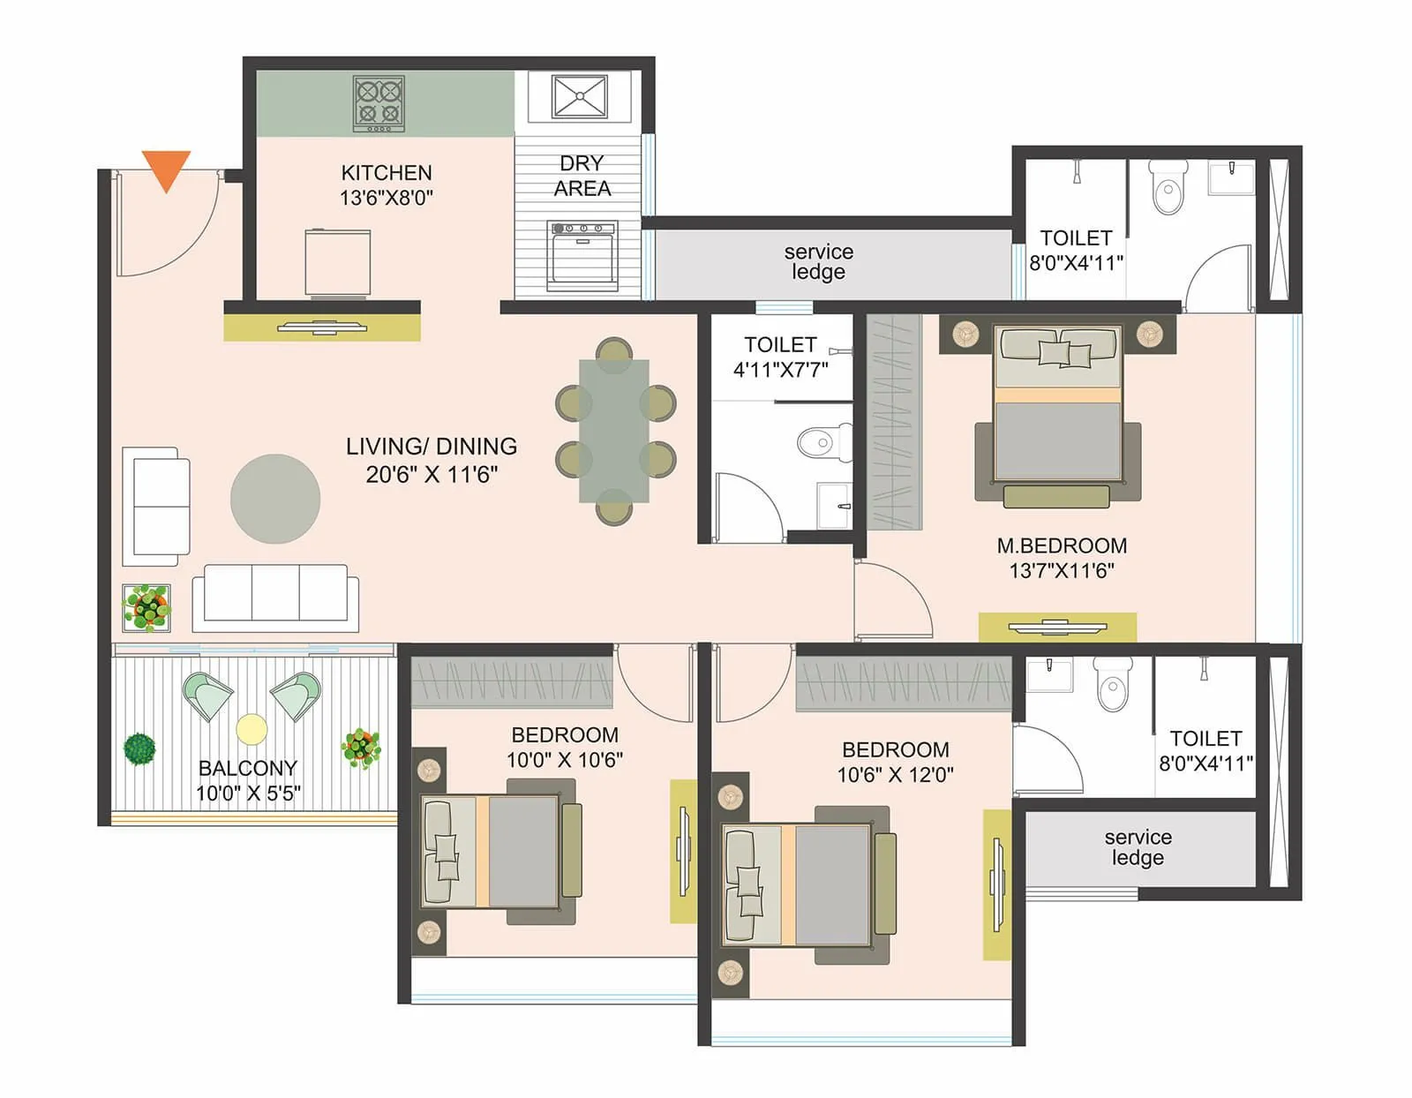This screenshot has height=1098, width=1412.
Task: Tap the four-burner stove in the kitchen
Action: (x=379, y=102)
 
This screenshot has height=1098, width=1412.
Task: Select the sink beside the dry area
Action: (x=580, y=96)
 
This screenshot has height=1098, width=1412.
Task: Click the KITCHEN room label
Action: (x=387, y=172)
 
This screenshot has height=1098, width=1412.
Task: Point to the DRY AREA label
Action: (x=582, y=176)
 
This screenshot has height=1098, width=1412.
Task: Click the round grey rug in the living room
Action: (x=275, y=499)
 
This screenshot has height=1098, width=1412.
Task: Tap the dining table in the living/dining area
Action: (x=614, y=431)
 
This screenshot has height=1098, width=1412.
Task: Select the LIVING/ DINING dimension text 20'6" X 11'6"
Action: (x=432, y=475)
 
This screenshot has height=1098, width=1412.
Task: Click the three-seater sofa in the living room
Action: (x=275, y=598)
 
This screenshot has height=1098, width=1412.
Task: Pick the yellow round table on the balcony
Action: (x=252, y=730)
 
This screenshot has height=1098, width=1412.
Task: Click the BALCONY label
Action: (x=248, y=768)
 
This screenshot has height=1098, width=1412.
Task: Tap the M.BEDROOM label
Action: (x=1062, y=545)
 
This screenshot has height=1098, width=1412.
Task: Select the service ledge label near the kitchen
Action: (x=818, y=262)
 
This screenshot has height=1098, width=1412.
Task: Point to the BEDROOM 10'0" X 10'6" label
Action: (x=565, y=747)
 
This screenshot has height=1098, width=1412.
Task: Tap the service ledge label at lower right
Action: (x=1138, y=847)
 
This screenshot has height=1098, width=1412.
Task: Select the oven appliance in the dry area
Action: (x=582, y=256)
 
